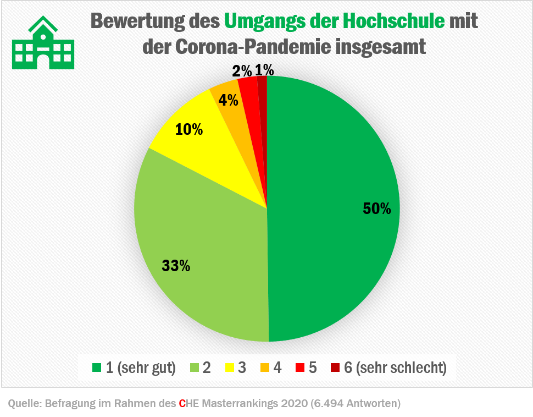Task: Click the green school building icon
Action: pyautogui.click(x=42, y=43)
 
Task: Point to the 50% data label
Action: pyautogui.click(x=377, y=209)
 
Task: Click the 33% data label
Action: pyautogui.click(x=176, y=266)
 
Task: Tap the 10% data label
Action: pyautogui.click(x=189, y=130)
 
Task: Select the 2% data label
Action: pyautogui.click(x=242, y=70)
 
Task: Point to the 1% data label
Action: pyautogui.click(x=264, y=70)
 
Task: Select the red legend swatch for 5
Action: pyautogui.click(x=299, y=367)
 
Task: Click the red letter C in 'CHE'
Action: pyautogui.click(x=182, y=403)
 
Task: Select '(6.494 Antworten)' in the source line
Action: pyautogui.click(x=355, y=403)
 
